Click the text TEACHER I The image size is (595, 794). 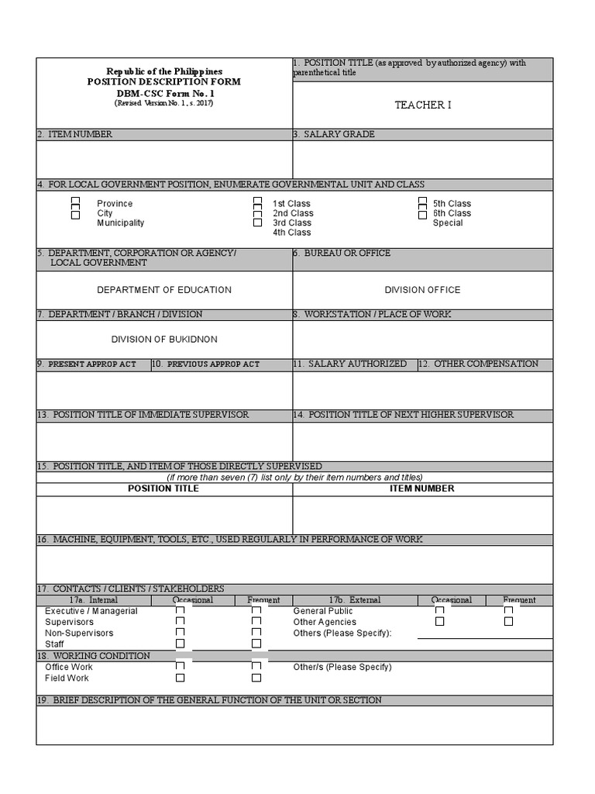[x=422, y=105]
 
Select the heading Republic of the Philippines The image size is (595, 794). [x=163, y=71]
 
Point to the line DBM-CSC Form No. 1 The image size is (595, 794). [x=163, y=92]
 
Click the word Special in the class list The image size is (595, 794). [x=448, y=223]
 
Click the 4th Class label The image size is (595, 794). [x=291, y=233]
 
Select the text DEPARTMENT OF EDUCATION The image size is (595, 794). [x=163, y=290]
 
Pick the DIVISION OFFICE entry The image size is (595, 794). [x=422, y=290]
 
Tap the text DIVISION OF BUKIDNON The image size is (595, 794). [x=163, y=340]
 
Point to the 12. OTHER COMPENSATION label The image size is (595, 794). [x=485, y=364]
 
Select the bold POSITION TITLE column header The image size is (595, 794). [x=163, y=488]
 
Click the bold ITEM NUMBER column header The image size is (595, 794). [x=422, y=488]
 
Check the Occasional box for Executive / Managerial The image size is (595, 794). [x=181, y=611]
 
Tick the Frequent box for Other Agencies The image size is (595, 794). [x=508, y=621]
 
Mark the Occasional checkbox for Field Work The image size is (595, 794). [x=181, y=678]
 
